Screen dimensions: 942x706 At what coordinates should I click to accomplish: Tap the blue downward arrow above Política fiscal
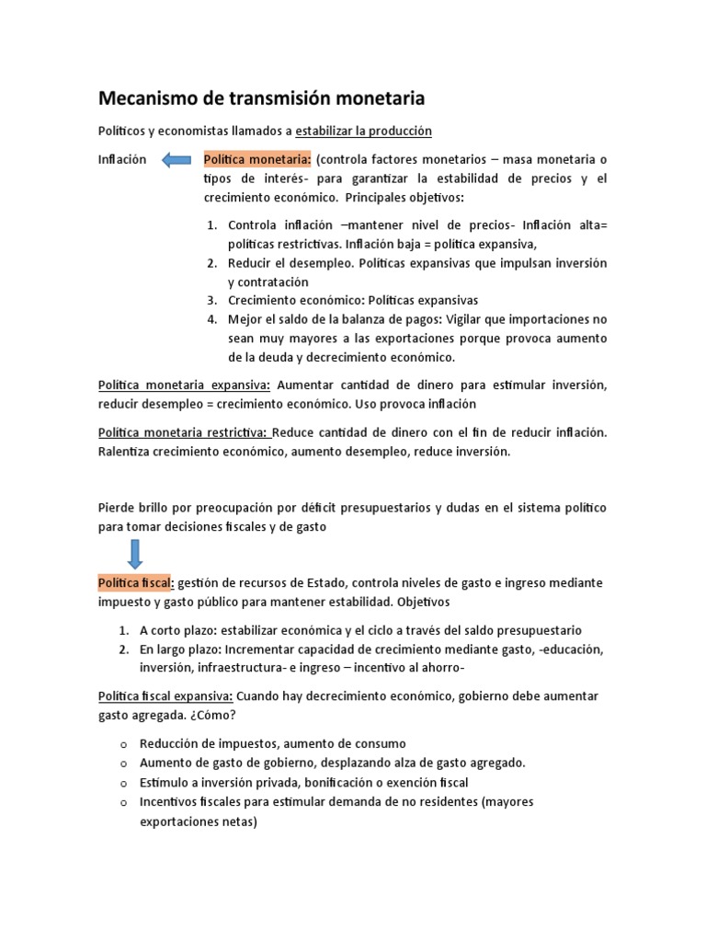tap(134, 554)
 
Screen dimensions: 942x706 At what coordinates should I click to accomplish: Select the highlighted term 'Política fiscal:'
tap(135, 583)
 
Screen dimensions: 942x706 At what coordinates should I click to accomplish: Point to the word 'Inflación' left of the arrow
tap(121, 159)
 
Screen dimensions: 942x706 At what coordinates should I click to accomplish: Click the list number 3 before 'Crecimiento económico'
tap(211, 300)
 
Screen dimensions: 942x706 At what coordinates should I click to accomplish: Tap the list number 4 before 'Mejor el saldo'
tap(211, 319)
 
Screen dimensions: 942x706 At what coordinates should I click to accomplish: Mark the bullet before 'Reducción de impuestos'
tap(122, 744)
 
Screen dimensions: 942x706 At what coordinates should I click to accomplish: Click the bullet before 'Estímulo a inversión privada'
tap(122, 783)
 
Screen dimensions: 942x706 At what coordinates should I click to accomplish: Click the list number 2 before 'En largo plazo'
tap(122, 649)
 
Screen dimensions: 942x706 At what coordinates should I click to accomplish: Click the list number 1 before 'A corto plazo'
tap(122, 630)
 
